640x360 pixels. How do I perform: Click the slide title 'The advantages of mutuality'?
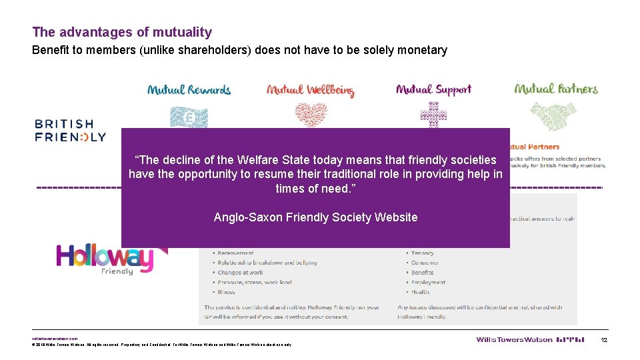click(122, 32)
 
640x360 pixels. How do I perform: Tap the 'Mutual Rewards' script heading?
click(189, 90)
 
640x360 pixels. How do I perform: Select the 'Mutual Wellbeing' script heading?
click(310, 91)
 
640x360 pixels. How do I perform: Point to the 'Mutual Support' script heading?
click(433, 89)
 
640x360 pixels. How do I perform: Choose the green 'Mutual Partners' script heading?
click(556, 89)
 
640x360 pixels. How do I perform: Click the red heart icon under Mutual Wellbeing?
click(311, 115)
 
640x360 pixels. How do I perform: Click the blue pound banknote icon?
click(189, 117)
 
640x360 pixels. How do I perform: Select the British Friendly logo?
click(70, 131)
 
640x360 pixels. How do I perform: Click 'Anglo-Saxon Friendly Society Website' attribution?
click(315, 217)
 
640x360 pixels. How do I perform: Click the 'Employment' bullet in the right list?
click(428, 283)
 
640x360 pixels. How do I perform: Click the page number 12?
click(604, 340)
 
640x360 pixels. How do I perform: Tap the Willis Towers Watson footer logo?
click(514, 340)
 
